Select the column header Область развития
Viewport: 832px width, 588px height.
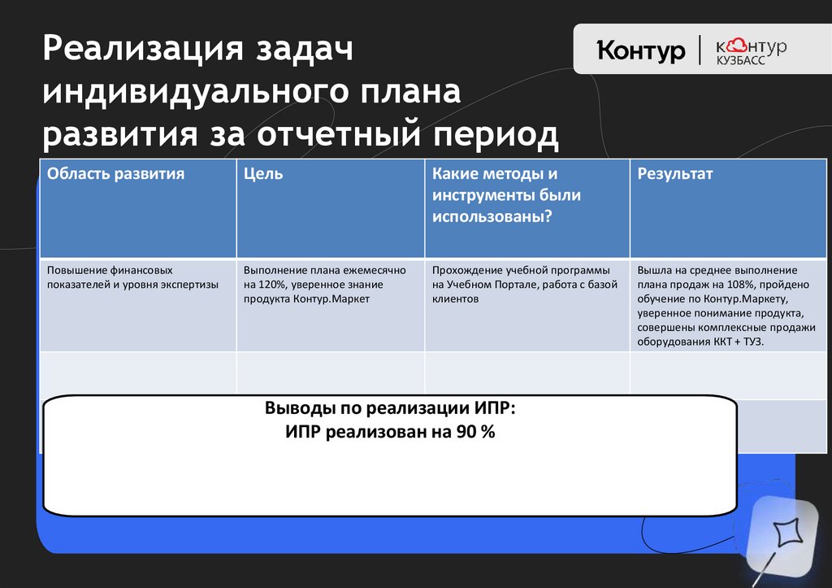[x=115, y=174]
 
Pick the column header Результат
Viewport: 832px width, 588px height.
[x=675, y=174]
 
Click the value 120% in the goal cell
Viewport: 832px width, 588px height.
[x=266, y=285]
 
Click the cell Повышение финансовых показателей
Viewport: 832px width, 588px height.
[x=109, y=270]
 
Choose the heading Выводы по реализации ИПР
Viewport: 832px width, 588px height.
[x=389, y=409]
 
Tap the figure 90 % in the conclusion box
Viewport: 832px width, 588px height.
[x=475, y=433]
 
